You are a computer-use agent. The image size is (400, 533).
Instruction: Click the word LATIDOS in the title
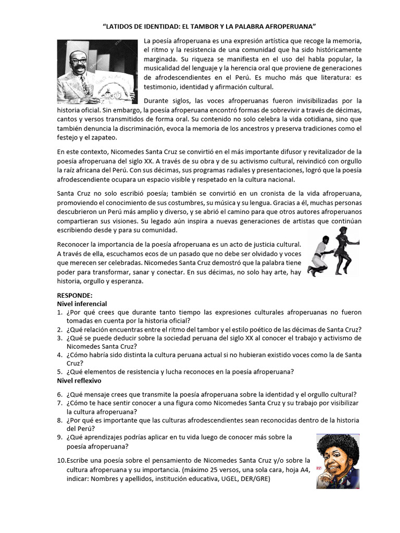[x=122, y=27]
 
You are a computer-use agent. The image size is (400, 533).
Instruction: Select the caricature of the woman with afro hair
[x=338, y=461]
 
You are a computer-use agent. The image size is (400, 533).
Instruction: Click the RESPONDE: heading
[x=74, y=295]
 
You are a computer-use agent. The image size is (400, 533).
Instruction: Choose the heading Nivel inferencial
[x=82, y=303]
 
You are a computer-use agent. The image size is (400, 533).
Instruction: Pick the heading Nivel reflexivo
[x=79, y=380]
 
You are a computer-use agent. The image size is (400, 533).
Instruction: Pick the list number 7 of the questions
[x=60, y=403]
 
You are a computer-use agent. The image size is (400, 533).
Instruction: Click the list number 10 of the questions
[x=61, y=460]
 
